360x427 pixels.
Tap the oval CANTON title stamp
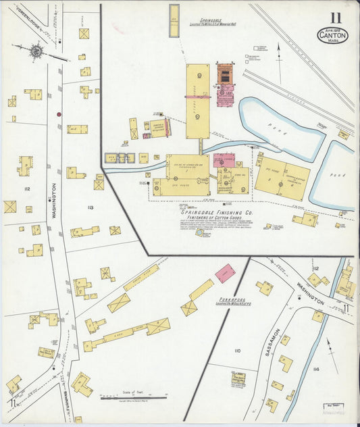pyautogui.click(x=333, y=34)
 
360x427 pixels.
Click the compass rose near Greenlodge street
pyautogui.click(x=38, y=50)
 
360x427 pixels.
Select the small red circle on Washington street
pyautogui.click(x=59, y=114)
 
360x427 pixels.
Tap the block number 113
pyautogui.click(x=91, y=207)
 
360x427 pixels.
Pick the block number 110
pyautogui.click(x=236, y=351)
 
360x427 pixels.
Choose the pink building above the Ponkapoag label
pyautogui.click(x=225, y=273)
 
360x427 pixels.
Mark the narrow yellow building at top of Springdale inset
pyautogui.click(x=174, y=20)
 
